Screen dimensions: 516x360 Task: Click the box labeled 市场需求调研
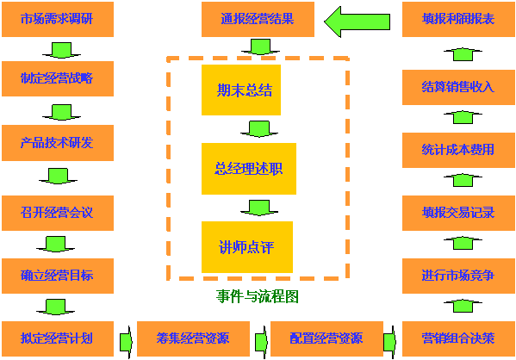tap(58, 19)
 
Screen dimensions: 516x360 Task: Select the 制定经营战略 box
tap(58, 78)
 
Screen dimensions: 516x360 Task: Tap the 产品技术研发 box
tap(58, 143)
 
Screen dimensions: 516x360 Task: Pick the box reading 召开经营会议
tap(58, 213)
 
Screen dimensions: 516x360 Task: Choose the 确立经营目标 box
tap(58, 276)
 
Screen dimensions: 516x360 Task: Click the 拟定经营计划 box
tap(58, 338)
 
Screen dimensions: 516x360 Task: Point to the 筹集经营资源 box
tap(193, 338)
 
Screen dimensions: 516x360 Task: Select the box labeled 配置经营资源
tap(326, 338)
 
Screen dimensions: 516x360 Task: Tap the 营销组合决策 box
tap(458, 338)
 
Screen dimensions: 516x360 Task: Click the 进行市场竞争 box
tap(458, 276)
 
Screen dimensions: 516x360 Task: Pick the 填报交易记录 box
tap(458, 213)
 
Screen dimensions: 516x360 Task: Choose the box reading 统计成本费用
tap(458, 150)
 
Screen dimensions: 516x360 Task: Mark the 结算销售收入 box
tap(458, 87)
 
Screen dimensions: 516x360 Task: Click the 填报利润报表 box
tap(458, 19)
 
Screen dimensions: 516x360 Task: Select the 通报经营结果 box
tap(258, 19)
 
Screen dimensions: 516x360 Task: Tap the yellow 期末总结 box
tap(241, 90)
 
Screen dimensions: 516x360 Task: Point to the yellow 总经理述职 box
tap(249, 169)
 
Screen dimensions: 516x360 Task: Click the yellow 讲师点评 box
tap(247, 247)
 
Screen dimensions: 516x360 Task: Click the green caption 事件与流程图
tap(258, 296)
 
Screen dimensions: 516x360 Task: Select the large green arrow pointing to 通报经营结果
tap(357, 22)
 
